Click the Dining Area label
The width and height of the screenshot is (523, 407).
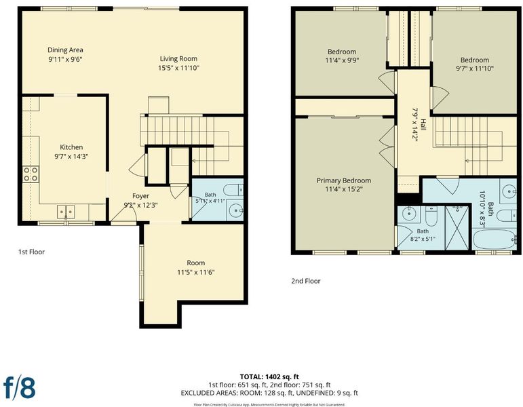65,50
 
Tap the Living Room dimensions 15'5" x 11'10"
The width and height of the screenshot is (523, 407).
178,68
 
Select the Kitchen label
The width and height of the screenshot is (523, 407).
71,147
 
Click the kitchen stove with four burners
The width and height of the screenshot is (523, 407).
31,174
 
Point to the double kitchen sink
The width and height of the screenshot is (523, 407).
66,212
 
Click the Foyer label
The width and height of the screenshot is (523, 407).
141,196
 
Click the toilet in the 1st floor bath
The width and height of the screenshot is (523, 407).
233,190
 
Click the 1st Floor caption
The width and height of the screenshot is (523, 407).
31,252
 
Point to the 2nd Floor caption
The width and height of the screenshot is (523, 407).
306,281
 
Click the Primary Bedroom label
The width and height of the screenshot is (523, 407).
344,180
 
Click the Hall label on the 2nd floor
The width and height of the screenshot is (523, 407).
423,125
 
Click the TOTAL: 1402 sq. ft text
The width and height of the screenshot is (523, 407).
269,377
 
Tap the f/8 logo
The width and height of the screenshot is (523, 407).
20,387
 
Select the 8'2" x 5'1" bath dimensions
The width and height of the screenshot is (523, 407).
423,239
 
